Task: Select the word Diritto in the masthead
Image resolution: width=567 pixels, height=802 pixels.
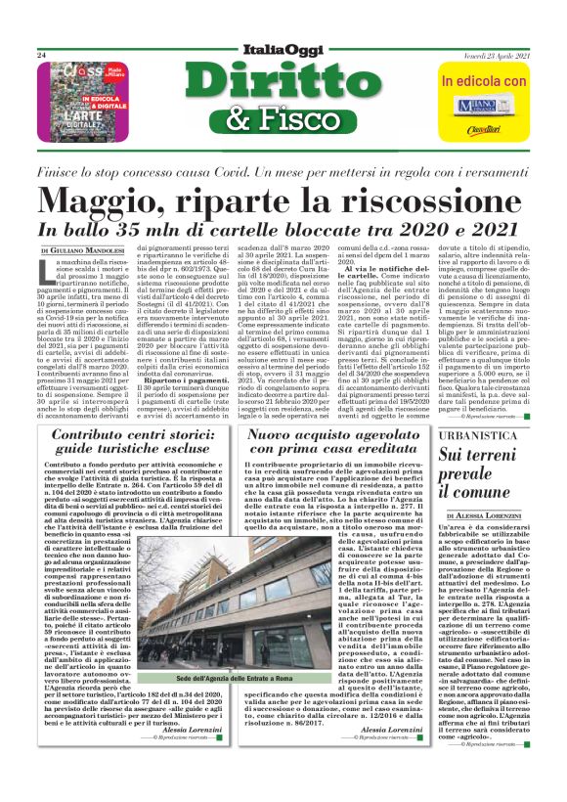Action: click(283, 84)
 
